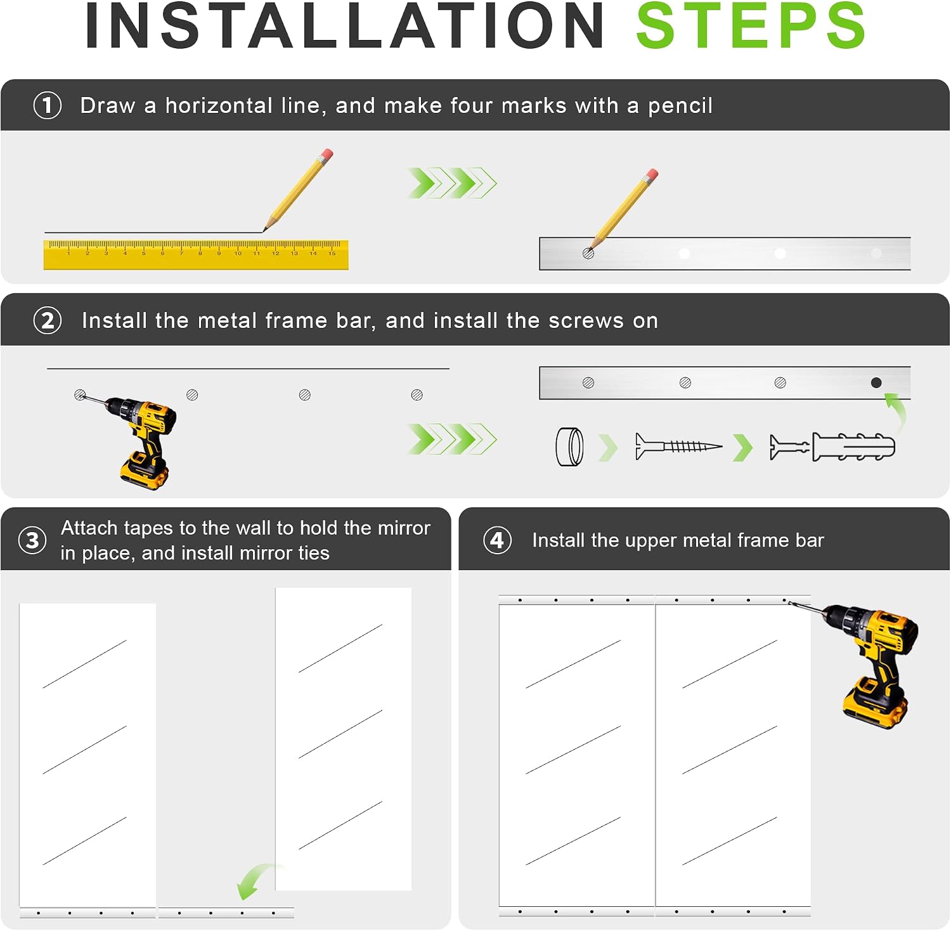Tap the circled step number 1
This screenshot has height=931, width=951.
click(48, 105)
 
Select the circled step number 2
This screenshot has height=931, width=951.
click(48, 320)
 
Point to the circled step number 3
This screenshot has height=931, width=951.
click(32, 540)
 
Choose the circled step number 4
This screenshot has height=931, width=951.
click(498, 540)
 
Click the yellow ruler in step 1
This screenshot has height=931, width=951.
click(196, 255)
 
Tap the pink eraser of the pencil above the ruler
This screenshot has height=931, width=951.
click(327, 155)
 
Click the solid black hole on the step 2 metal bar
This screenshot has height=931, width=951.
click(876, 382)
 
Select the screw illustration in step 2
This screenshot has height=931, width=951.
click(678, 446)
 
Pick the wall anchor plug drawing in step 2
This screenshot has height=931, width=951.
click(832, 446)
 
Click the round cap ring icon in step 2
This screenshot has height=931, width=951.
click(569, 446)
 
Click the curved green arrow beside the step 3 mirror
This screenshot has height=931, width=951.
click(257, 880)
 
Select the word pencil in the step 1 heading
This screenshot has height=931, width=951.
click(680, 106)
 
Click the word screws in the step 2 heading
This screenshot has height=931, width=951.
click(586, 321)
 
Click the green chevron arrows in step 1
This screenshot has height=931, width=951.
click(452, 183)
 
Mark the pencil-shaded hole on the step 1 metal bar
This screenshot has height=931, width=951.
click(588, 254)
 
